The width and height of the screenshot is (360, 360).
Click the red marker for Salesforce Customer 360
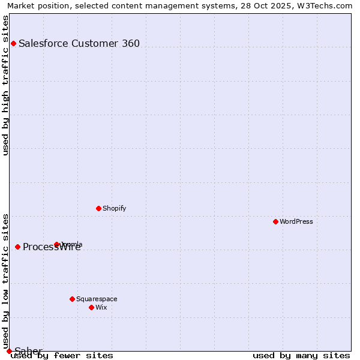tap(13, 43)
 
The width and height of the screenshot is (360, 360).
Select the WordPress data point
tap(275, 221)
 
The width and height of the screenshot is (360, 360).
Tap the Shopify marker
tap(98, 208)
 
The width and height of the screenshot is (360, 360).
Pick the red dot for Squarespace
tap(72, 299)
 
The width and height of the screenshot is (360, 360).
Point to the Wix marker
tap(91, 307)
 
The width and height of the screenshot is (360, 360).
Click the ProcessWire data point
tap(17, 247)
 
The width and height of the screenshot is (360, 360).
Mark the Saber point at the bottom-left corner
tap(9, 351)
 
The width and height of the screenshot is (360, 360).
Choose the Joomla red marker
tap(57, 244)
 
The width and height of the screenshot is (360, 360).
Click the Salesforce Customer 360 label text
tap(79, 43)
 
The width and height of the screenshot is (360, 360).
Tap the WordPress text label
tap(296, 221)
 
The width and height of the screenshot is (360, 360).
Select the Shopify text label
tap(114, 208)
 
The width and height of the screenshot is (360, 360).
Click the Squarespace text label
tap(97, 299)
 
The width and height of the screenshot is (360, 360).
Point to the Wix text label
tap(101, 307)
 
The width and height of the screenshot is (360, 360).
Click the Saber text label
tap(28, 351)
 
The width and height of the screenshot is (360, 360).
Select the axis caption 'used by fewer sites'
tap(62, 355)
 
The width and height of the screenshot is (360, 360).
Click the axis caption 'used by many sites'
tap(301, 355)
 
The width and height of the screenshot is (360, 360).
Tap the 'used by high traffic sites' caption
tap(5, 85)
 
